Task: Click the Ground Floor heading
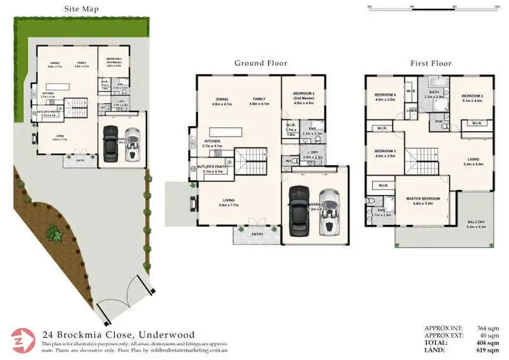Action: click(x=261, y=63)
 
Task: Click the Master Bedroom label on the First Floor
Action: click(x=423, y=198)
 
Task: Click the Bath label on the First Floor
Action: click(x=433, y=92)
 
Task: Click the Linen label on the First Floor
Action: click(x=411, y=110)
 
